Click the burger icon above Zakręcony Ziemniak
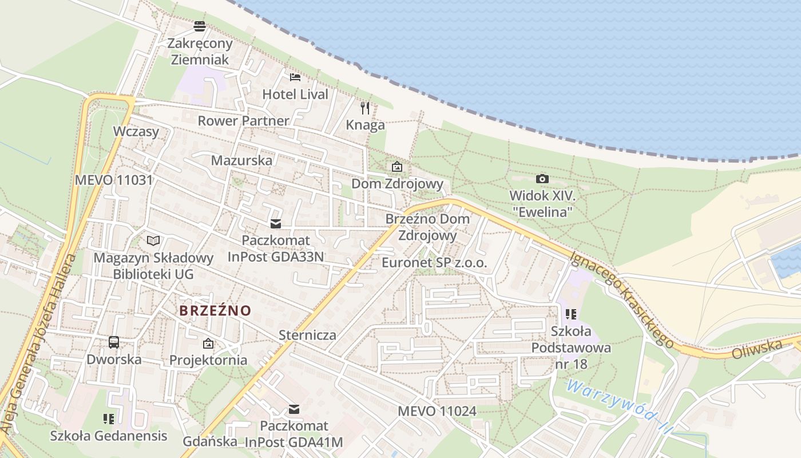[199, 26]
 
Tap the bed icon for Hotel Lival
[295, 77]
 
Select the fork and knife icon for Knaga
[365, 108]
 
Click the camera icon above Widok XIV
[542, 179]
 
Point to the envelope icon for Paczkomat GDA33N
[276, 224]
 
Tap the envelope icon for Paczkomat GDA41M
[294, 409]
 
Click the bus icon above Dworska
[114, 342]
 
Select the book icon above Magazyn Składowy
[153, 241]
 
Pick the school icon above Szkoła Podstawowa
[570, 314]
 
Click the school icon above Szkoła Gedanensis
[109, 419]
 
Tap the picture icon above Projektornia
[208, 343]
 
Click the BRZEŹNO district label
[215, 311]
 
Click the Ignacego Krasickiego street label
[622, 299]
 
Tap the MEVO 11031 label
[114, 180]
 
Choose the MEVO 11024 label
[437, 411]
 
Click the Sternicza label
[307, 335]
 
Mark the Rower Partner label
[244, 121]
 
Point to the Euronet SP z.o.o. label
[434, 263]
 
